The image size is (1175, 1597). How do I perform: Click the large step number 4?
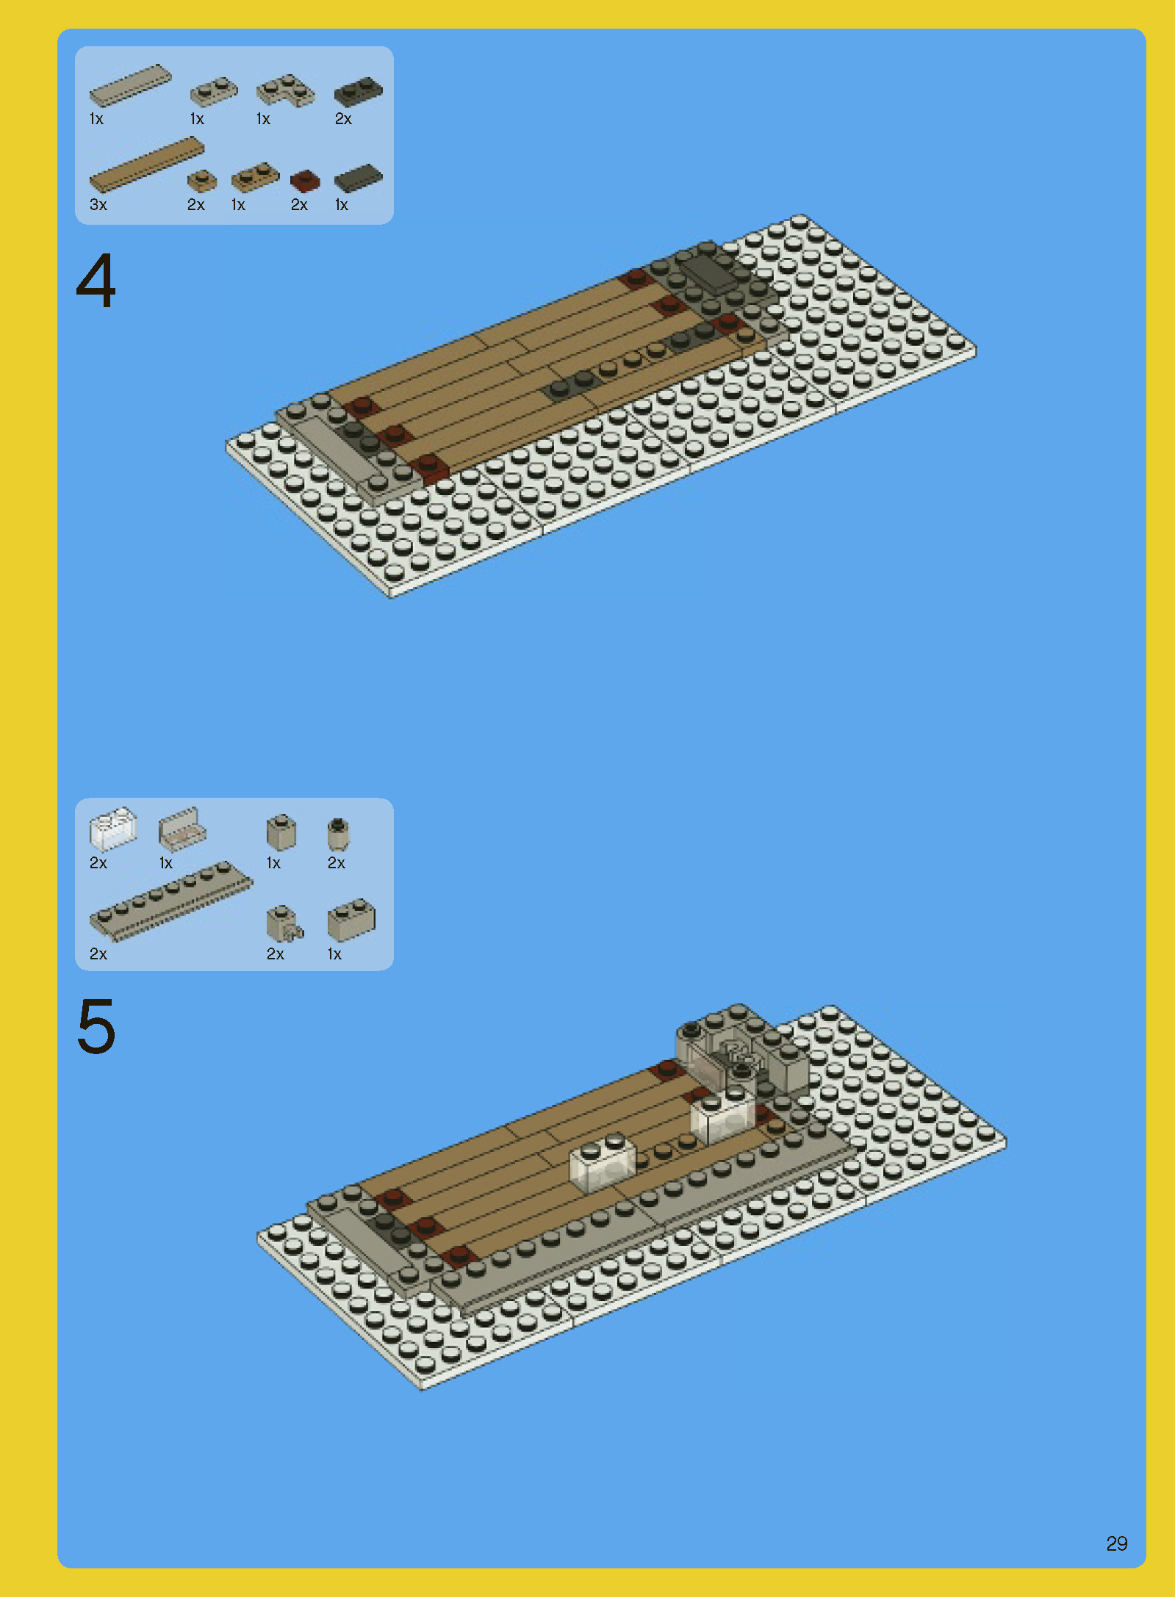[x=96, y=281]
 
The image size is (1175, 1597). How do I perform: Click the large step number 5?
[x=96, y=1027]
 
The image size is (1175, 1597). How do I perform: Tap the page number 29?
[x=1116, y=1543]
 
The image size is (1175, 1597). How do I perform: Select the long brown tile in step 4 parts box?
[x=145, y=165]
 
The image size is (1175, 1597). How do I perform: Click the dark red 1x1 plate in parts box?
[x=304, y=180]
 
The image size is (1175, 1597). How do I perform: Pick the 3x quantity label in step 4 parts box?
[x=98, y=205]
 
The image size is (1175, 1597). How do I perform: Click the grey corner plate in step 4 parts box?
[x=285, y=91]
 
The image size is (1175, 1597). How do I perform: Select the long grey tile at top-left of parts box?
[x=130, y=84]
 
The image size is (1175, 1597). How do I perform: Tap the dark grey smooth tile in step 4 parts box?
[x=359, y=178]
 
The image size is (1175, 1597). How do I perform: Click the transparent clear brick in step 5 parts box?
[x=112, y=828]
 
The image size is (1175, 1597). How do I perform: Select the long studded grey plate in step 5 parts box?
[x=170, y=901]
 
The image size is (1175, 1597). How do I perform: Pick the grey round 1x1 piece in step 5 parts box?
[x=337, y=834]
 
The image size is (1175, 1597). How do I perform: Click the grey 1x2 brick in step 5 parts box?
[x=351, y=920]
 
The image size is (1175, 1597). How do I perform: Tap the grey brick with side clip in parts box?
[x=283, y=923]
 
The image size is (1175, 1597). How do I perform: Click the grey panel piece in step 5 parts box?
[x=182, y=829]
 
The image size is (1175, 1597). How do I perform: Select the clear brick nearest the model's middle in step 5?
[x=603, y=1161]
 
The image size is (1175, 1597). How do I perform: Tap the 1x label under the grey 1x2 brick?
[x=334, y=954]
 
